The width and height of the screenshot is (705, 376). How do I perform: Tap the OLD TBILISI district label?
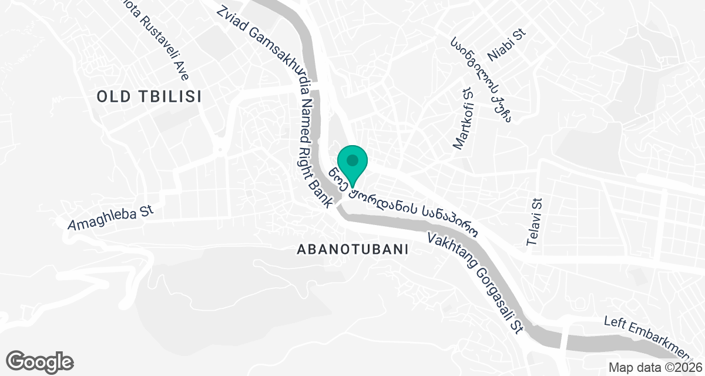(x=149, y=97)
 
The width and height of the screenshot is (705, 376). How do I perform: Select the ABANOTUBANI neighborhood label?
(x=352, y=249)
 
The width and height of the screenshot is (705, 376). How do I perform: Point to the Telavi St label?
(x=535, y=222)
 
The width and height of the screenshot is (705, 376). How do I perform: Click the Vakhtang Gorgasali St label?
(x=475, y=283)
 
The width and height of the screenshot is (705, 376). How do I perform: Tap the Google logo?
(x=39, y=361)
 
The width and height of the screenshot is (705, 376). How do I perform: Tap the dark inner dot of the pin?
(x=352, y=159)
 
